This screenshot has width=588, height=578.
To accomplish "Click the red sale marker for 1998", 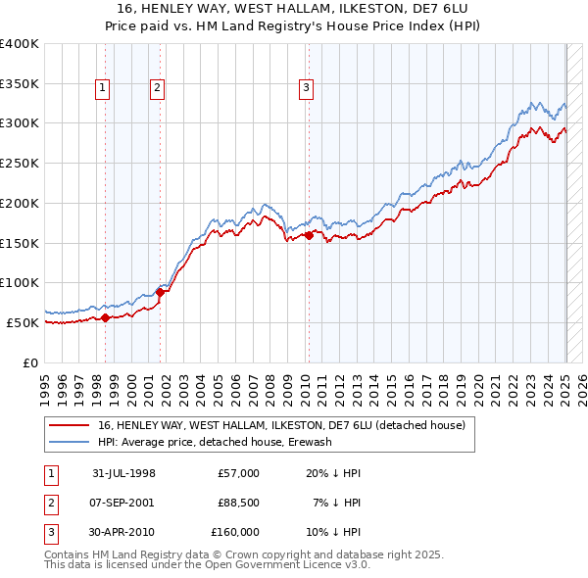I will pyautogui.click(x=106, y=316).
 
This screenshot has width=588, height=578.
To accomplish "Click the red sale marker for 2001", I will pyautogui.click(x=159, y=292).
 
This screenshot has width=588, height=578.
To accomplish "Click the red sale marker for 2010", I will pyautogui.click(x=309, y=235).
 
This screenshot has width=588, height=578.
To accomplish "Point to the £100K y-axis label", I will pyautogui.click(x=20, y=283).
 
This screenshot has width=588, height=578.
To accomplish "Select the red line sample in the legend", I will pyautogui.click(x=67, y=425).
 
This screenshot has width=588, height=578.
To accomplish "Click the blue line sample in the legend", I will pyautogui.click(x=67, y=442).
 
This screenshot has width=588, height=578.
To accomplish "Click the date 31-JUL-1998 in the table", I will pyautogui.click(x=123, y=473).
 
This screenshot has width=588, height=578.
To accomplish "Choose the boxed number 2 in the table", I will pyautogui.click(x=50, y=503).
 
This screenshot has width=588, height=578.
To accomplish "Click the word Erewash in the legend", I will pyautogui.click(x=310, y=442).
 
